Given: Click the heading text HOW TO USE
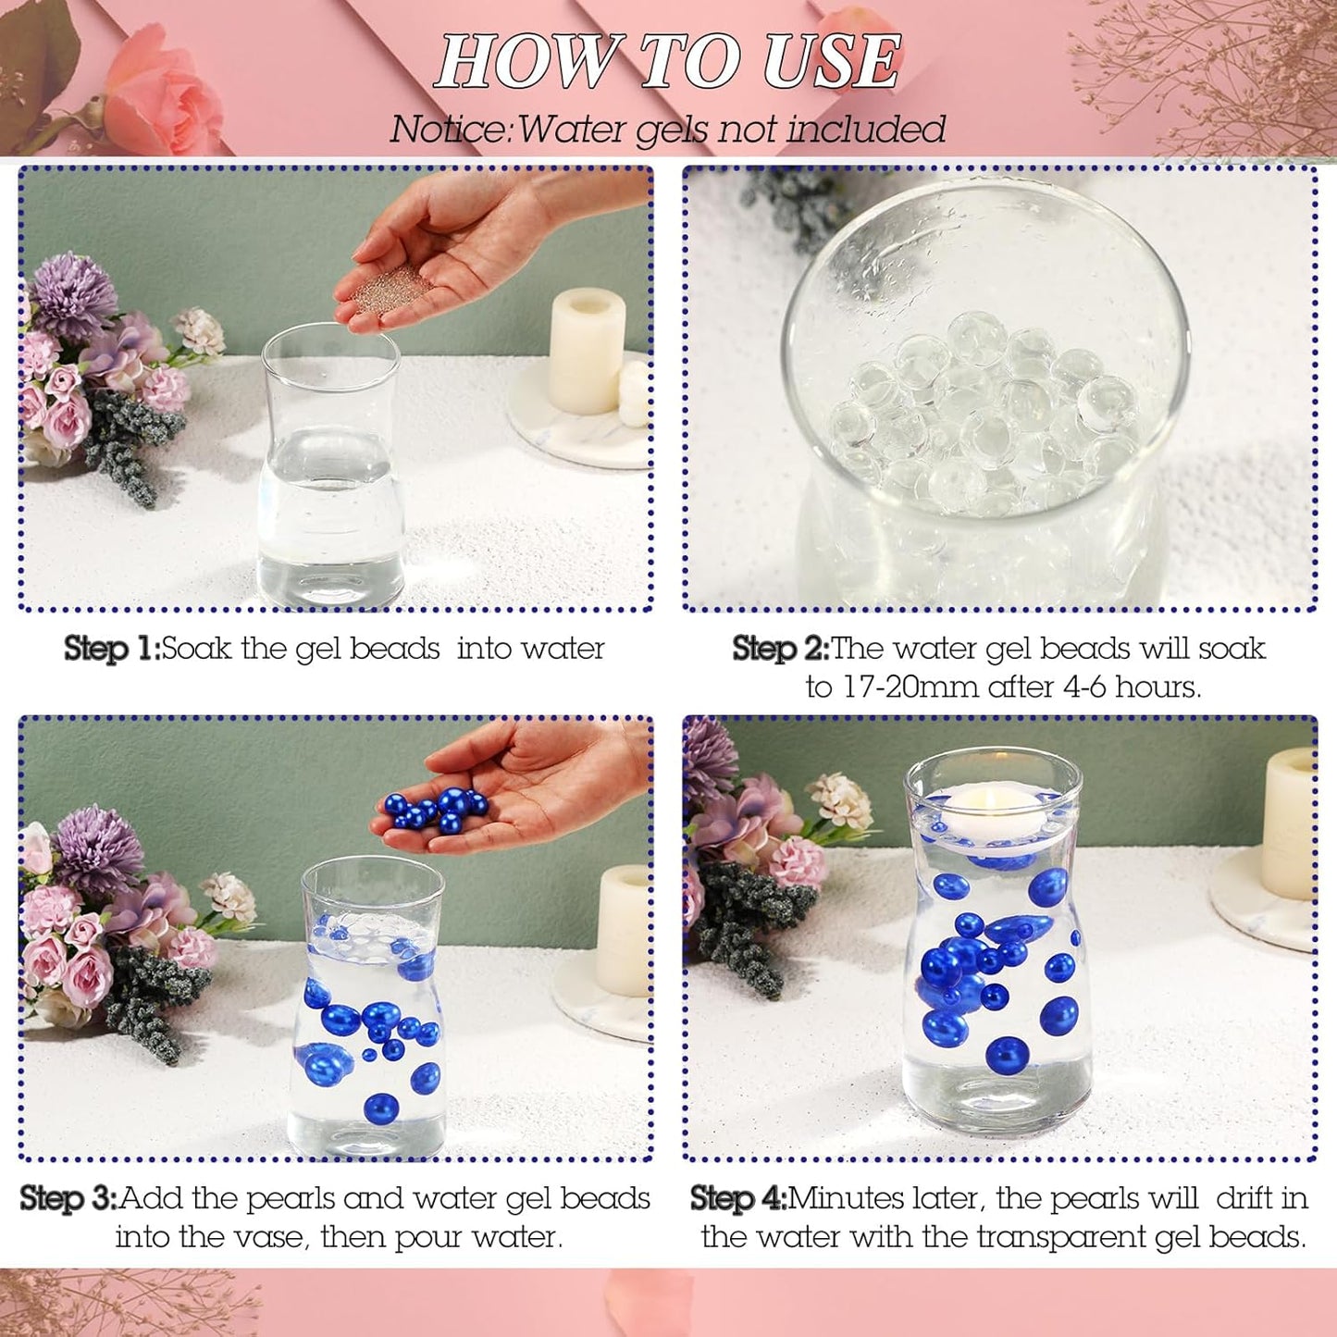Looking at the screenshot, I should [668, 62].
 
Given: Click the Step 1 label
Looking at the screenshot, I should [111, 649].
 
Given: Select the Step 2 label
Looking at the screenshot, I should [780, 649].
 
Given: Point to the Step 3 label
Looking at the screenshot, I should [68, 1198].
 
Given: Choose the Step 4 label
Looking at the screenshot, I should [737, 1198].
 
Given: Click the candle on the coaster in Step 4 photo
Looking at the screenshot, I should [1291, 823].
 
